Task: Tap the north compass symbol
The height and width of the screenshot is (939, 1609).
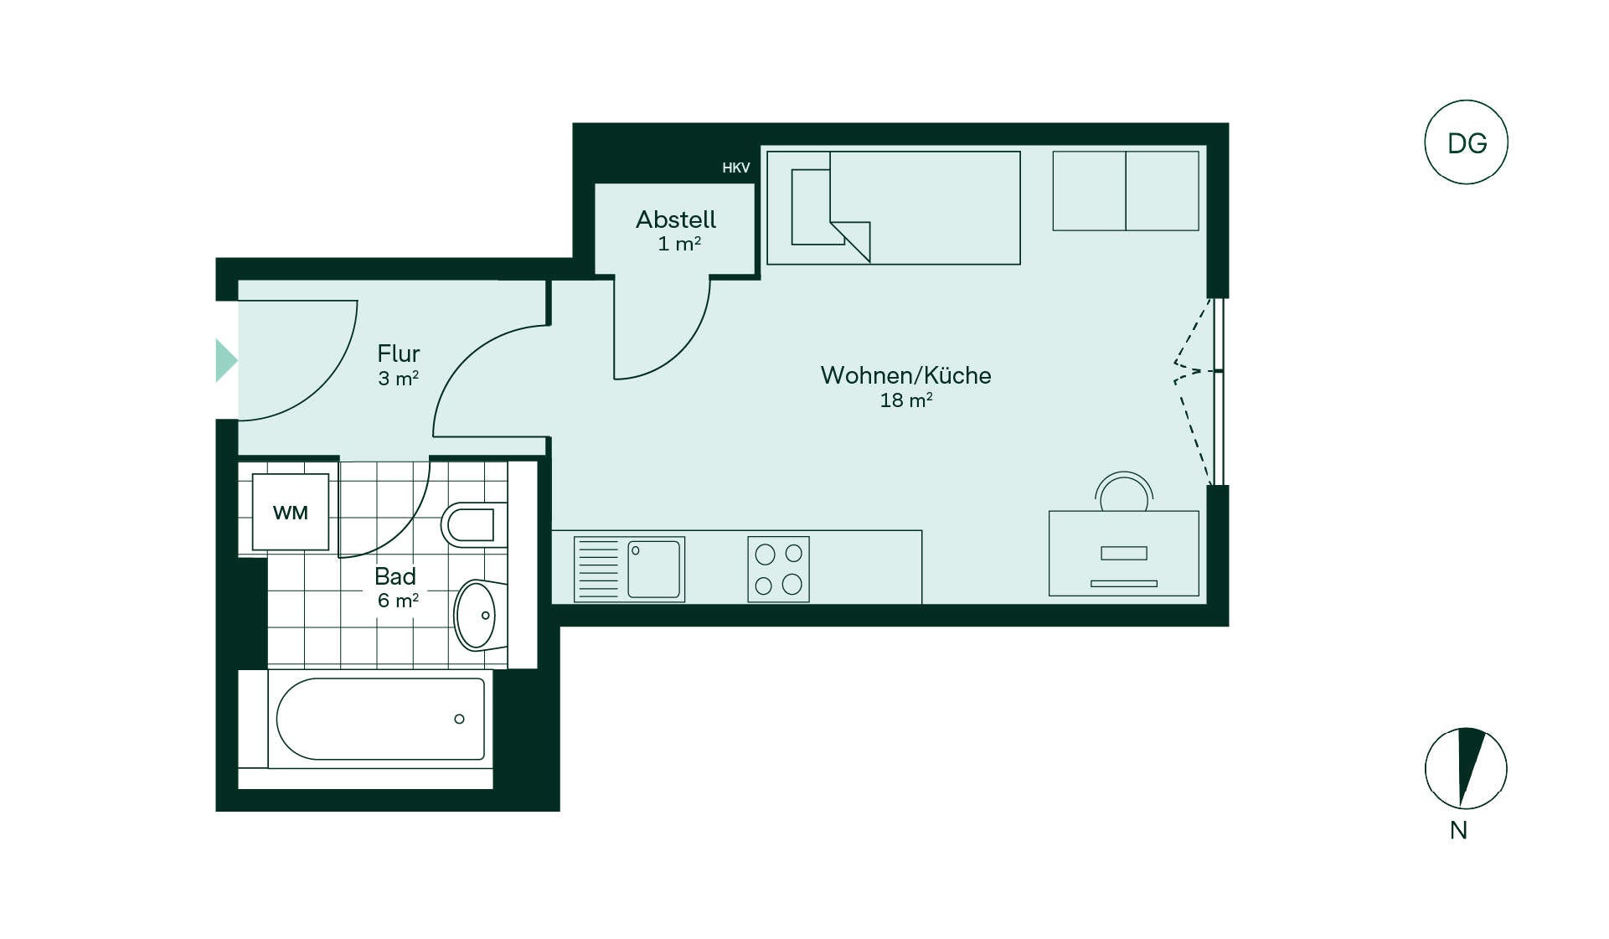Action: tap(1466, 768)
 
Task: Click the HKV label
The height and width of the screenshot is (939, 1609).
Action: tap(736, 168)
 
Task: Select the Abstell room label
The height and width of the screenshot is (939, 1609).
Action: tap(676, 219)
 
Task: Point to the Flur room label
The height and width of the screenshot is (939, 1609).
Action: tap(398, 353)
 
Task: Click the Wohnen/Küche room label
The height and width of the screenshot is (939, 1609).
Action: tap(905, 375)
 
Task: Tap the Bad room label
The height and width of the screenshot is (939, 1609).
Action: tap(395, 576)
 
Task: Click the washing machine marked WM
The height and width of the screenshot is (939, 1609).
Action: tap(291, 512)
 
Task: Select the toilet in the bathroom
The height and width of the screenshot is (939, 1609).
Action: tap(474, 525)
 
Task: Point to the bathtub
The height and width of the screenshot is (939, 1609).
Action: tap(379, 719)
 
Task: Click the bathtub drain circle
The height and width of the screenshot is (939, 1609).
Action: tap(459, 719)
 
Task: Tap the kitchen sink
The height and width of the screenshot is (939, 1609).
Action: tap(629, 570)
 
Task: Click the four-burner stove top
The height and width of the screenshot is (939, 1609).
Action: tap(778, 570)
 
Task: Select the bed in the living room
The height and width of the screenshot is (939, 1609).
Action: tap(894, 208)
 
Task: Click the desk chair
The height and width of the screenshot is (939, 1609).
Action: tap(1124, 492)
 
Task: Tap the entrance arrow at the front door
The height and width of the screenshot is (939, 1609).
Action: tap(226, 360)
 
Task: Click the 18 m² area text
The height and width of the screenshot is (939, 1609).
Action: tap(905, 400)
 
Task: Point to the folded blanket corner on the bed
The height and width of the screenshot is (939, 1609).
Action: tap(850, 241)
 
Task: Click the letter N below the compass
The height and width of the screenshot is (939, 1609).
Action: tap(1458, 830)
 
